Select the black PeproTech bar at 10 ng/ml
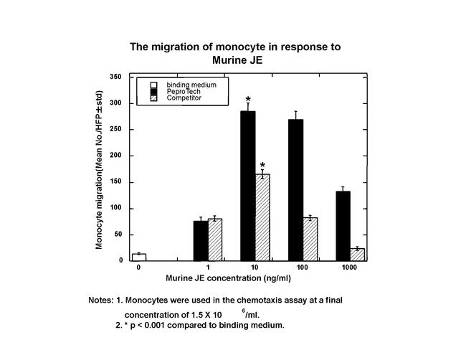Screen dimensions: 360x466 (x=248, y=186)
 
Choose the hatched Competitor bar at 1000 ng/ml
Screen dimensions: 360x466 (x=357, y=255)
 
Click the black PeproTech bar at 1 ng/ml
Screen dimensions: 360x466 (x=201, y=241)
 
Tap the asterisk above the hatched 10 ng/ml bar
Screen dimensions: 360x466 (x=263, y=165)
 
